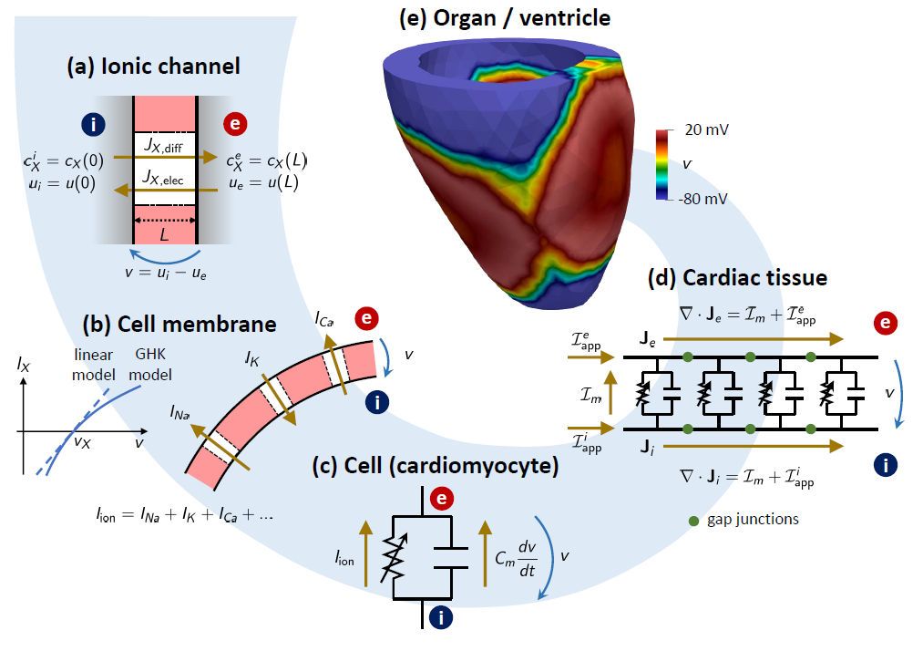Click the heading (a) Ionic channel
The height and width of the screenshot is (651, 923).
[152, 67]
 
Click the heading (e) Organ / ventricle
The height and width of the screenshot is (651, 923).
[505, 18]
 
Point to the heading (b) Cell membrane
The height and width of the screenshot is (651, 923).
[179, 324]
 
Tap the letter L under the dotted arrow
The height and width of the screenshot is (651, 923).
[165, 234]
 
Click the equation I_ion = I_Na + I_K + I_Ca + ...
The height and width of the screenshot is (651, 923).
[186, 514]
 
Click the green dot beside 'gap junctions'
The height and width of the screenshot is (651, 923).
[694, 520]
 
